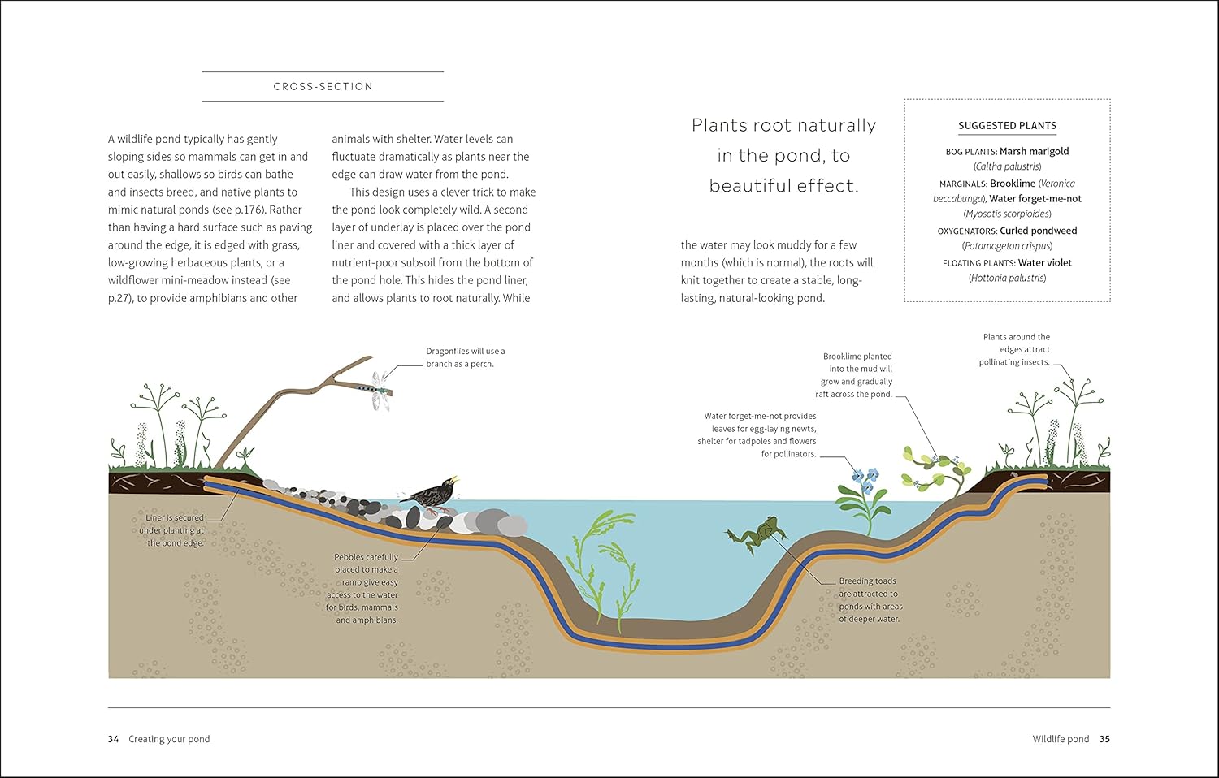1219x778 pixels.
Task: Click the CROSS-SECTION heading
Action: click(323, 87)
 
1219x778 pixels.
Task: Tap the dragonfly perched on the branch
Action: click(380, 391)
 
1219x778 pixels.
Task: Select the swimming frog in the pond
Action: click(758, 535)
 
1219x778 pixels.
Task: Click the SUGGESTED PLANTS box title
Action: click(1007, 126)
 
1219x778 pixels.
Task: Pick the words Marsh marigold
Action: click(1034, 152)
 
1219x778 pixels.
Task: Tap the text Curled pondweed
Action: click(1038, 231)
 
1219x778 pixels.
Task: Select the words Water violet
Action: click(1044, 263)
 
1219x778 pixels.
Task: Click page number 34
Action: click(113, 739)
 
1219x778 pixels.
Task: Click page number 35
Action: click(1104, 739)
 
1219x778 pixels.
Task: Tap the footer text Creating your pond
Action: click(169, 739)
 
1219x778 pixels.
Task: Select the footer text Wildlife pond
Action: click(1061, 739)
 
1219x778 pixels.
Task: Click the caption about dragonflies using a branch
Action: click(465, 357)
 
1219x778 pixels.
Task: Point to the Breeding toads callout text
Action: click(870, 600)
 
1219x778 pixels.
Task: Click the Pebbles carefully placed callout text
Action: click(365, 589)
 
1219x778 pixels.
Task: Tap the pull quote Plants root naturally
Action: click(783, 155)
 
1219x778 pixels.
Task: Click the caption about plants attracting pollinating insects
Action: click(1015, 350)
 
